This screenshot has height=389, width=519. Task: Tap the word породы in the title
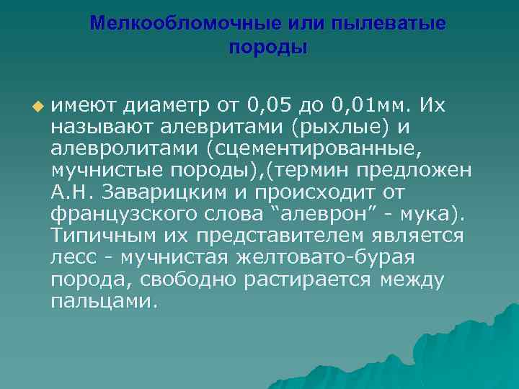(x=267, y=48)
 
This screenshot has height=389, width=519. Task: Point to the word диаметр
(x=167, y=107)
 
